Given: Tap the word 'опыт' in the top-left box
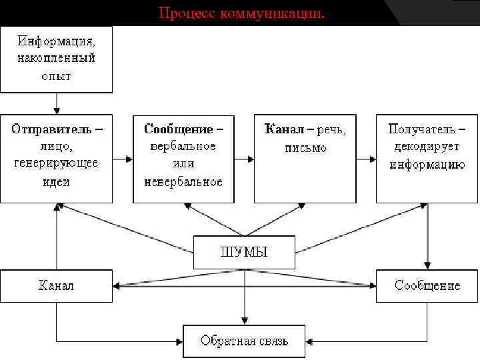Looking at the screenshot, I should coord(56,75).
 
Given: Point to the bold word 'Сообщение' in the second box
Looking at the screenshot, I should coord(179,128).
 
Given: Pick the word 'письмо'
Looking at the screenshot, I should coord(305,147).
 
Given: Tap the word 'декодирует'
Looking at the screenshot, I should coord(427,146).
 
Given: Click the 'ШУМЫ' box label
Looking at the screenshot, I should coord(244,251).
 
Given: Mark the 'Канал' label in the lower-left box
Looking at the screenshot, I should coord(56,285).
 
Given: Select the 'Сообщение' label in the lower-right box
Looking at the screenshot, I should coord(427,285).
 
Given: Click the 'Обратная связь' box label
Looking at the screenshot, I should coord(244,341).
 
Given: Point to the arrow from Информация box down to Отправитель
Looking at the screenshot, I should coord(57,103).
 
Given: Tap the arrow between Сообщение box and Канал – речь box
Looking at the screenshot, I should coord(244,159).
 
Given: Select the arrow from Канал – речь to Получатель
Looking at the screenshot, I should coord(365,159).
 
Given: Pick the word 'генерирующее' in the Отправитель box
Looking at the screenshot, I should coord(56,163).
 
